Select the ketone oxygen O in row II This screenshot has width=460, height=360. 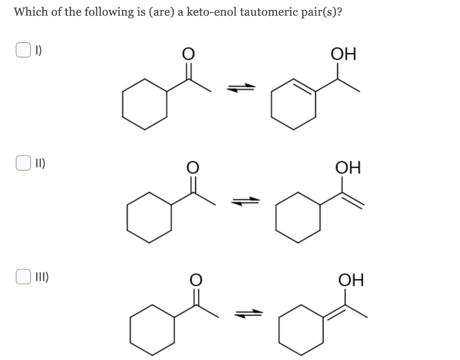coord(193,168)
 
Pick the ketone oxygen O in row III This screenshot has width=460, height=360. coord(197,280)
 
